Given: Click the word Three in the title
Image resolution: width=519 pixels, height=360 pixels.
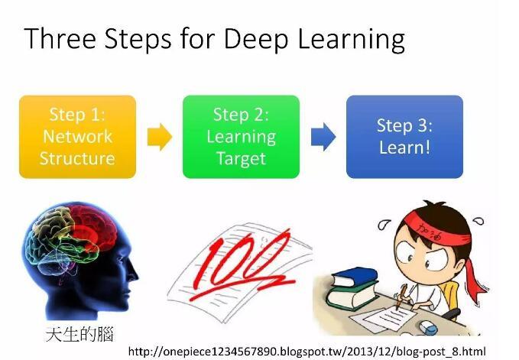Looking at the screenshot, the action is click(60, 39).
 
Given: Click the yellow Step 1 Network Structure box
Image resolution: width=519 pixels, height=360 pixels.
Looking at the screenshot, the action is click(77, 137).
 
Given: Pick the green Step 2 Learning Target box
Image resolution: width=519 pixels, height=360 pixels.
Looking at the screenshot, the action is click(241, 137).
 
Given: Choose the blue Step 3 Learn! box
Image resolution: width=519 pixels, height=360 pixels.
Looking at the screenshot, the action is click(404, 137).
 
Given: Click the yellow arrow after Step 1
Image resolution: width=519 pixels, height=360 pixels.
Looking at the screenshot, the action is click(160, 137).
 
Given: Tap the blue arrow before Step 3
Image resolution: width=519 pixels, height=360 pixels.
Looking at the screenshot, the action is click(323, 137).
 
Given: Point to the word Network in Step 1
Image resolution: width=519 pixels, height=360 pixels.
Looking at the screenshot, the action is click(77, 136).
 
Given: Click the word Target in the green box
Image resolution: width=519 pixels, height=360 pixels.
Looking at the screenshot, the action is click(241, 159).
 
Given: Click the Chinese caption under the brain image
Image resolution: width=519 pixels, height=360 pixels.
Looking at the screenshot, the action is click(79, 334).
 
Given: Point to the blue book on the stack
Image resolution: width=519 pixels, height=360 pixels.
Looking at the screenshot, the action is click(354, 277).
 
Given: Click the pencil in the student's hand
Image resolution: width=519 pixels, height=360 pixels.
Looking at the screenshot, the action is click(401, 296).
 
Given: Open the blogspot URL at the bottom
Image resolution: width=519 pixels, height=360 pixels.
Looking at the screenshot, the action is click(307, 352).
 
